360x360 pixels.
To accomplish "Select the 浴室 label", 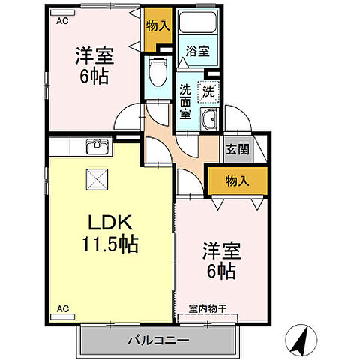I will click(198, 52).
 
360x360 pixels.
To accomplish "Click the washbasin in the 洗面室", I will click(209, 118).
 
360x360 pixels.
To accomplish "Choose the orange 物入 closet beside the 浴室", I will click(157, 28).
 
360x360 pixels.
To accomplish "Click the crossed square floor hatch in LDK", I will click(96, 178).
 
